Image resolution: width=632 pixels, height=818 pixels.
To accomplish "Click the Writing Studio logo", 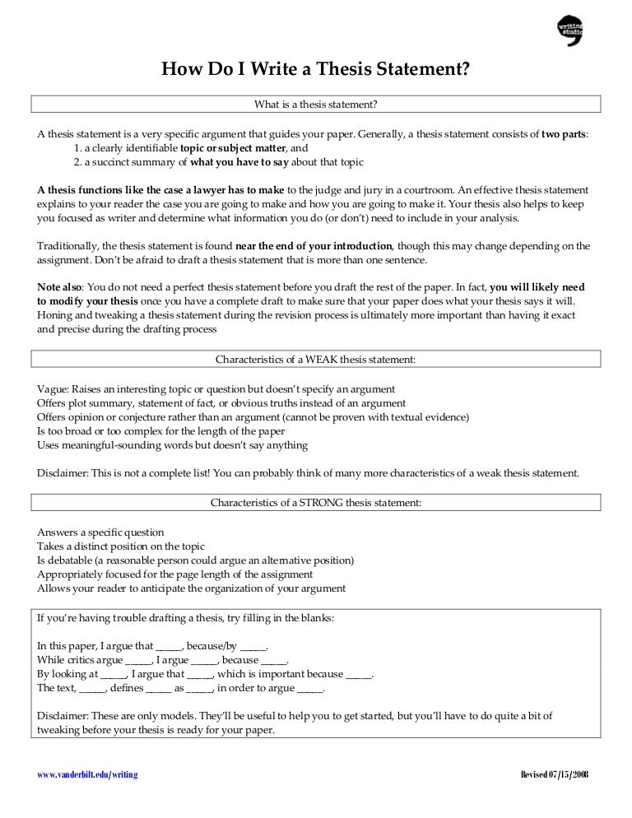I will click(569, 30).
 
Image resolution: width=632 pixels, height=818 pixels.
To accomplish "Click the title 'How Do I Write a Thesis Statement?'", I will click(315, 70).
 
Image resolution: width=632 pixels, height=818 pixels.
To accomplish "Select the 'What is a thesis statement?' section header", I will click(315, 105).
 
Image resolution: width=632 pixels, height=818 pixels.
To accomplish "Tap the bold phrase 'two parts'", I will click(564, 133).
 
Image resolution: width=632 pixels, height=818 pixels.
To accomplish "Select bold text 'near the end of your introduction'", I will click(314, 245).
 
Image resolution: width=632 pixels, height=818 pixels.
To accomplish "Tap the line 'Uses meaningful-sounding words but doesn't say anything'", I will click(172, 445).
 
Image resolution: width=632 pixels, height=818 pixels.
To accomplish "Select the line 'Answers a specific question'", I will click(100, 532).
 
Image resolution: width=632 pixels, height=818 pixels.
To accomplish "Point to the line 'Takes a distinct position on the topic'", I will click(121, 546).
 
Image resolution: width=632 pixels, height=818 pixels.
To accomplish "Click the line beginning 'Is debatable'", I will click(195, 560).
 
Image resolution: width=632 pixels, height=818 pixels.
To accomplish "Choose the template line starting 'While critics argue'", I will click(163, 660).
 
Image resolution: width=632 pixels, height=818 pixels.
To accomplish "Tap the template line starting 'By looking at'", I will click(205, 674).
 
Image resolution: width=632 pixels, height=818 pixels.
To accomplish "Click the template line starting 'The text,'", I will click(181, 688).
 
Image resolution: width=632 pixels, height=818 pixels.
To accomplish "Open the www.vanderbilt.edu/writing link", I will click(87, 775).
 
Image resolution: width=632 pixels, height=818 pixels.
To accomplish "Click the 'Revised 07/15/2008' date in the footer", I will click(555, 775).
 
